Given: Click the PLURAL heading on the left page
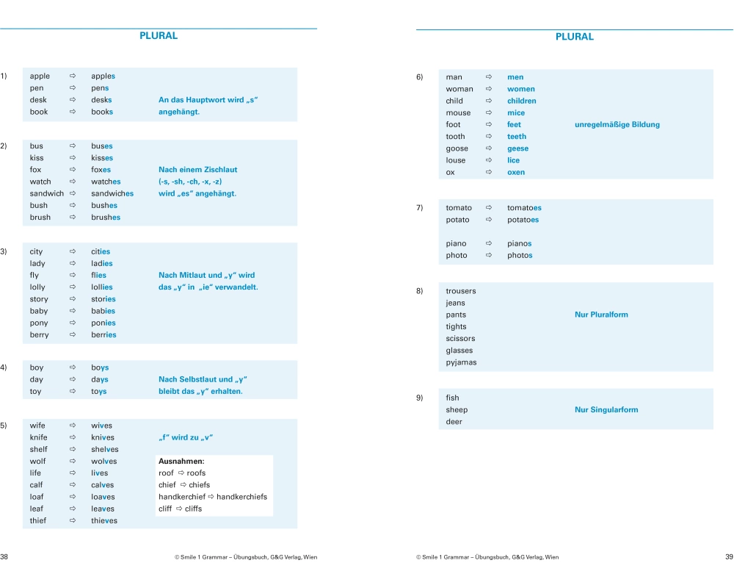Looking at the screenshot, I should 159,35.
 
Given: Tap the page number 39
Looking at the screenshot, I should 729,557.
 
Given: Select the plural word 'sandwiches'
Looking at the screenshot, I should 112,193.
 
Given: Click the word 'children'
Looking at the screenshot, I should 522,101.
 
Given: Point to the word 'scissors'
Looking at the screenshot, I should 460,339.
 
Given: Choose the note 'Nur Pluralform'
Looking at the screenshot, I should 601,315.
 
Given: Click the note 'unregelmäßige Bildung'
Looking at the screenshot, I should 617,124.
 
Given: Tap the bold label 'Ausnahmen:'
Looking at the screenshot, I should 181,462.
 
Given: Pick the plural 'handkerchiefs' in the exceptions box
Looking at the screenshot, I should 241,497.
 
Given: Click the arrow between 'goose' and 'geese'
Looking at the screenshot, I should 489,148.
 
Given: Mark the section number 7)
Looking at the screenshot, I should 419,208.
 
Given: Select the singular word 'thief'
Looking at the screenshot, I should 38,520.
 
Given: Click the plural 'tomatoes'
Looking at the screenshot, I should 524,208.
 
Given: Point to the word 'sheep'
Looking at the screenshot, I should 457,410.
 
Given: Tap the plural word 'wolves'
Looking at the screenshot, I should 104,462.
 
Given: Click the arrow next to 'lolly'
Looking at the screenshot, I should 73,287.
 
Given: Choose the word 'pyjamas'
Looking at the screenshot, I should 461,362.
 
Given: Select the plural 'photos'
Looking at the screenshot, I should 520,256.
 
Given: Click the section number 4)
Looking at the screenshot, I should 4,367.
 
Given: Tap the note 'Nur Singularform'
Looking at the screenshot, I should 606,410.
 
